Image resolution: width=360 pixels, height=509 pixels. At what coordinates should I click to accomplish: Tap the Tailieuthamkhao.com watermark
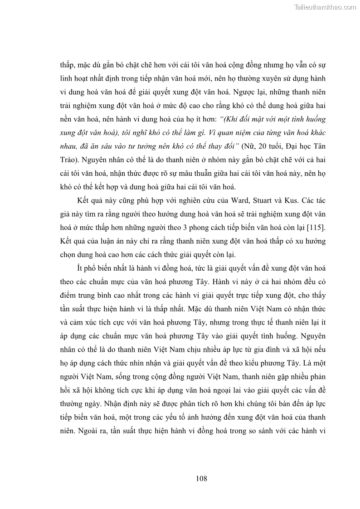click(325, 7)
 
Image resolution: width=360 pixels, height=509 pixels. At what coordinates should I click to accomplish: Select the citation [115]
click(317, 228)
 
